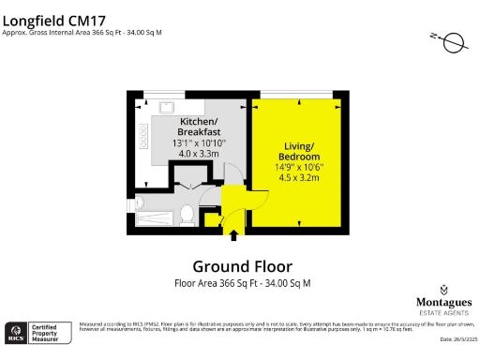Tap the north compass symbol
click(451, 42)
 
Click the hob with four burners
click(143, 139)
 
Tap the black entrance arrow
click(209, 222)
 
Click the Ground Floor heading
click(242, 266)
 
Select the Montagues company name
click(442, 304)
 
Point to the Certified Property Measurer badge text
click(51, 333)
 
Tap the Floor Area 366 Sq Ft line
click(242, 282)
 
